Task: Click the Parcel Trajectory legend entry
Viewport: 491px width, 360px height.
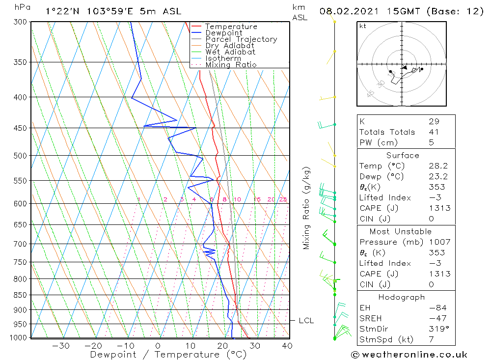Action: click(241, 39)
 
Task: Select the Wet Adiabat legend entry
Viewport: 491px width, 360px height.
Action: click(230, 52)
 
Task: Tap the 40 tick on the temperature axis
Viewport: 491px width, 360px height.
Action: click(287, 346)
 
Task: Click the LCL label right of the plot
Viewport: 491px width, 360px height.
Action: click(306, 321)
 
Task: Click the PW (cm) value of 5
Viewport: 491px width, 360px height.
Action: click(431, 142)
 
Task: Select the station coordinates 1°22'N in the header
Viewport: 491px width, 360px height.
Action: click(62, 11)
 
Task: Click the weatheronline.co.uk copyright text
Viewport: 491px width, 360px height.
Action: click(409, 355)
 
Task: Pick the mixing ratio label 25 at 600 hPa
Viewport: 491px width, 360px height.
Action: click(283, 199)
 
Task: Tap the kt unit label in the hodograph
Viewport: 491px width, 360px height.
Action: click(363, 26)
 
